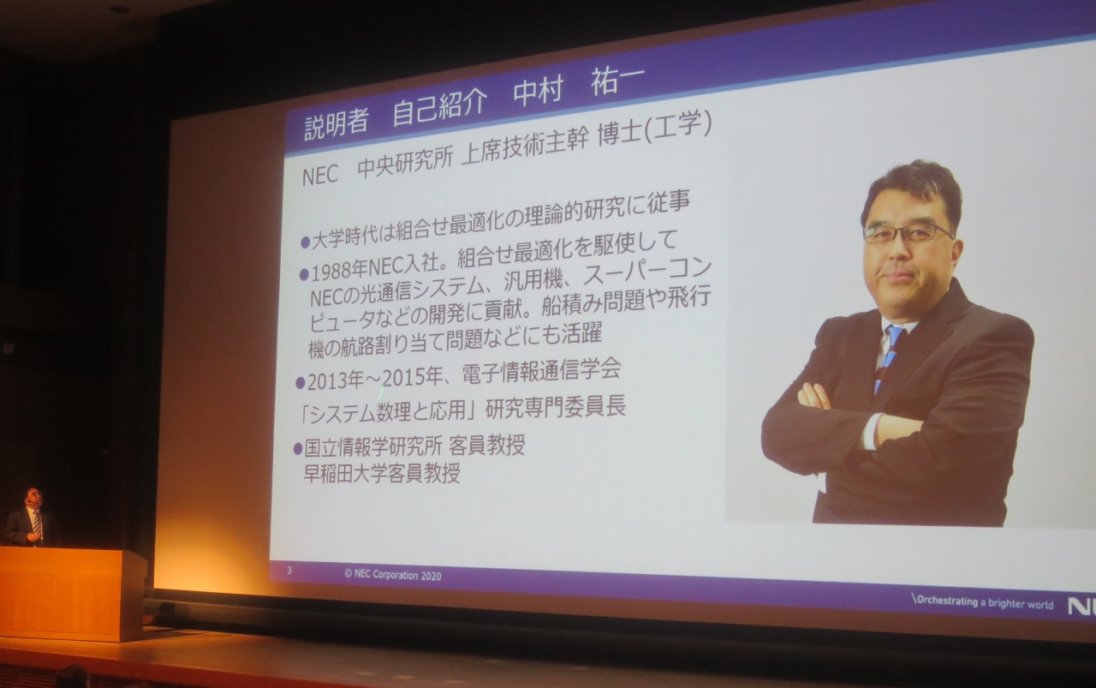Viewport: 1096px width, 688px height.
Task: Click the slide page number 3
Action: click(289, 570)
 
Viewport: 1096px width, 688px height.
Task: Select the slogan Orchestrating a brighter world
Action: click(983, 602)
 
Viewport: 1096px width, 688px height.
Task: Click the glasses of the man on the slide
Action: click(906, 232)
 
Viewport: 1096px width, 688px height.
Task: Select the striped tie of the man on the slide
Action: click(888, 356)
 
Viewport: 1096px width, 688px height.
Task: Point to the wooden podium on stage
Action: click(73, 592)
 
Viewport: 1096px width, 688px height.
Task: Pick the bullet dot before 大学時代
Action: click(305, 242)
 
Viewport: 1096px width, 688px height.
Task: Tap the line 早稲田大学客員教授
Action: click(382, 473)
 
